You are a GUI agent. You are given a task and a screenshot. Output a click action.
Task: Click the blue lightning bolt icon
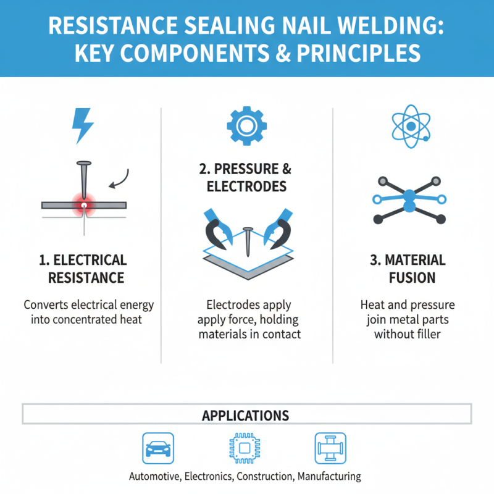(x=83, y=126)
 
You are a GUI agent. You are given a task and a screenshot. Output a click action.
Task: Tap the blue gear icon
(x=246, y=126)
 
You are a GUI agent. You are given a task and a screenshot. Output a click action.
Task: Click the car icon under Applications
(x=159, y=448)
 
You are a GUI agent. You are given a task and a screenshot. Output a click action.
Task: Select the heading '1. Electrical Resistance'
(x=82, y=269)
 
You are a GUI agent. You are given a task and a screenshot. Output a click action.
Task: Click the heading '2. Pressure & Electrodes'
(x=247, y=177)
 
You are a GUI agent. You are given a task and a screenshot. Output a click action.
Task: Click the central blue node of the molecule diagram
(x=408, y=199)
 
